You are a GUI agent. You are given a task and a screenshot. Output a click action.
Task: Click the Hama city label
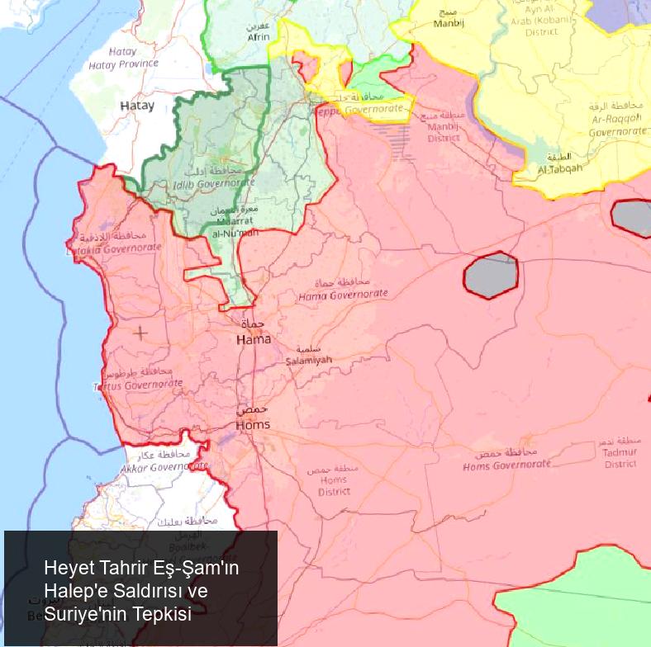[253, 339]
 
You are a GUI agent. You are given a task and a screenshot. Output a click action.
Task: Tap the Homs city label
[253, 424]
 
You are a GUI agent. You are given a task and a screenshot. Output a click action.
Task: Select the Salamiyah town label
[308, 360]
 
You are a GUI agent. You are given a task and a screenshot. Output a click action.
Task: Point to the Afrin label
[258, 37]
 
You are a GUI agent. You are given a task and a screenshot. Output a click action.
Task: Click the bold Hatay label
[137, 106]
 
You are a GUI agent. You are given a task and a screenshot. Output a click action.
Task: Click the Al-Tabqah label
[559, 168]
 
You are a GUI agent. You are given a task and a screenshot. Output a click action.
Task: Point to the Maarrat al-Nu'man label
[236, 228]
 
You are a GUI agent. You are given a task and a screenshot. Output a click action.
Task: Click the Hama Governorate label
[343, 295]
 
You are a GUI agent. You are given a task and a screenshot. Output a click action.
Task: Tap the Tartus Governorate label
[137, 385]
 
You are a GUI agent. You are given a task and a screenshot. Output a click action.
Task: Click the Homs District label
[334, 485]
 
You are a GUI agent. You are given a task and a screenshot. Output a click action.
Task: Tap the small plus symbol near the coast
[140, 333]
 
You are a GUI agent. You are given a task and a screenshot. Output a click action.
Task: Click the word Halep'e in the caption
[78, 591]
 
